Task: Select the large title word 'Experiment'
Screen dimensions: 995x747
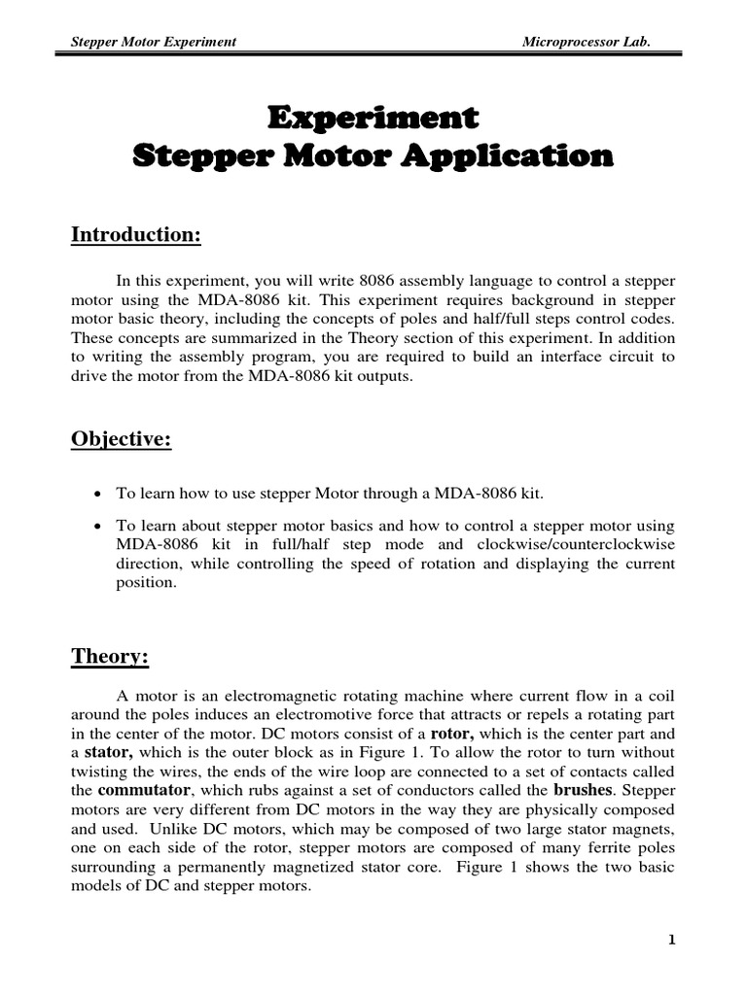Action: (x=373, y=119)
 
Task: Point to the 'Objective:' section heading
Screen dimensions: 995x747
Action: (x=121, y=439)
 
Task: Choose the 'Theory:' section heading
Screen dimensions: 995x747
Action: (x=110, y=657)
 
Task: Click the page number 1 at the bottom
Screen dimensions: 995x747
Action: (x=671, y=941)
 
